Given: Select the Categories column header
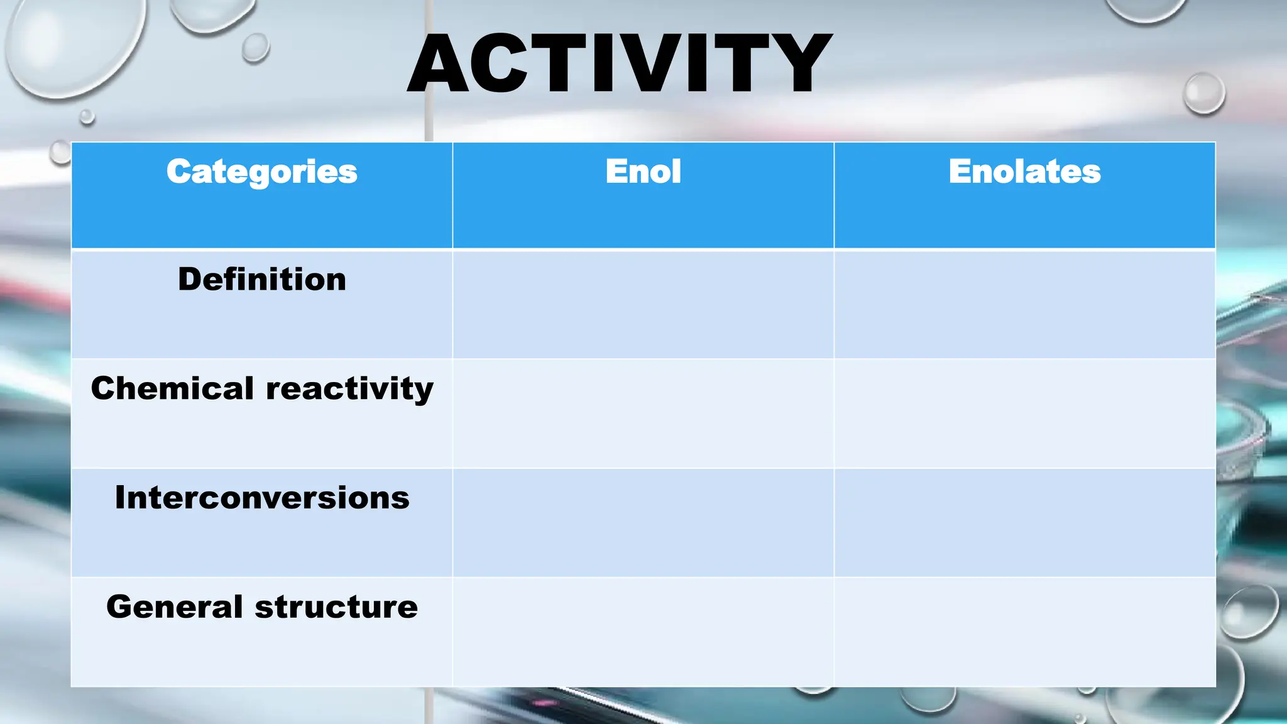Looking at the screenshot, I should pyautogui.click(x=261, y=172).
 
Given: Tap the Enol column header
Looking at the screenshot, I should pyautogui.click(x=643, y=172).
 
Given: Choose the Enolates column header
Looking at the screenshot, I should pyautogui.click(x=1024, y=172).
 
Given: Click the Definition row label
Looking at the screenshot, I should pyautogui.click(x=261, y=279).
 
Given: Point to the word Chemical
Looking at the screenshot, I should pyautogui.click(x=172, y=388).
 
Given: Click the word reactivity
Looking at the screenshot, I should pyautogui.click(x=349, y=389).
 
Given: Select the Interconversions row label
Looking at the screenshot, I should pyautogui.click(x=261, y=498).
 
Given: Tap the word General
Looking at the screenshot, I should pyautogui.click(x=174, y=607).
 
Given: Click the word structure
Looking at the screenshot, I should pyautogui.click(x=336, y=607).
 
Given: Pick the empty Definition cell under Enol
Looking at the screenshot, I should pyautogui.click(x=643, y=304).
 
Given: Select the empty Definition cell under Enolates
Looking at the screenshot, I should pyautogui.click(x=1024, y=304).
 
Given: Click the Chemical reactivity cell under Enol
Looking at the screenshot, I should pyautogui.click(x=643, y=414).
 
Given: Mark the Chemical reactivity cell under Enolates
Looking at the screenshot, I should pyautogui.click(x=1024, y=414).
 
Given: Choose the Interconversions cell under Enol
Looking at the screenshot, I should pyautogui.click(x=643, y=523).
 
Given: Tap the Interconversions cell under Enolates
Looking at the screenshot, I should pyautogui.click(x=1024, y=523).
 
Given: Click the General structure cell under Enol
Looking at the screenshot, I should pyautogui.click(x=643, y=632).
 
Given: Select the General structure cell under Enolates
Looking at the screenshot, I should pyautogui.click(x=1024, y=632).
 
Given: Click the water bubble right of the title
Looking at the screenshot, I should pyautogui.click(x=1203, y=93).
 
